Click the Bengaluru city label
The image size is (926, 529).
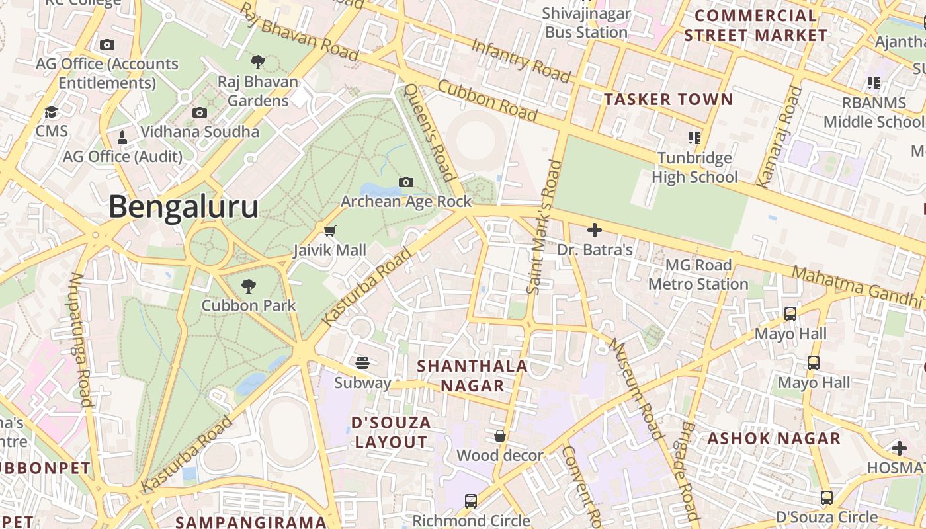tap(183, 207)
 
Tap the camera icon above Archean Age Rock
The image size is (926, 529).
tap(406, 182)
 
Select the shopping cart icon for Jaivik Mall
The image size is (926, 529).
tap(329, 231)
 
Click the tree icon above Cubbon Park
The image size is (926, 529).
tap(249, 286)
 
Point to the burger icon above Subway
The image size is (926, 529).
tap(362, 363)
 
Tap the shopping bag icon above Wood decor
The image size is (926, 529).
tap(500, 436)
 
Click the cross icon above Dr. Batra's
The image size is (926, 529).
tap(595, 230)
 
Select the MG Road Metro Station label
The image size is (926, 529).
tap(698, 274)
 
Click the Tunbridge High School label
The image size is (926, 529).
tap(694, 167)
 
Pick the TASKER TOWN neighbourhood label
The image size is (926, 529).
tap(669, 100)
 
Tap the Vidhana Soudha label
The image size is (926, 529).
tap(200, 132)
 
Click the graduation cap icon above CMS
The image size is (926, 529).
tap(51, 112)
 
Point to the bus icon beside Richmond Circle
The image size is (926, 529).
tap(470, 501)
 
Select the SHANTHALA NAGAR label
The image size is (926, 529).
tap(472, 376)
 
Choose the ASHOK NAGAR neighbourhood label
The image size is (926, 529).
tap(774, 438)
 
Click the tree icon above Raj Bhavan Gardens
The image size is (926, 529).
tap(258, 62)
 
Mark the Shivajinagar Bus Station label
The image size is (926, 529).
tap(586, 22)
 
